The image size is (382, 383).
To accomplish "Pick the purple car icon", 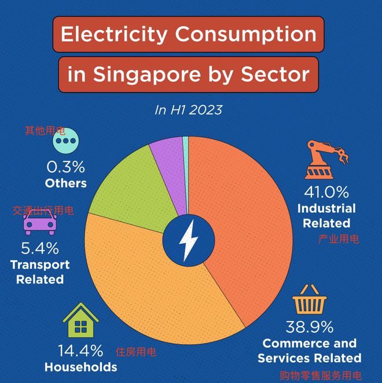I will pos(39,222).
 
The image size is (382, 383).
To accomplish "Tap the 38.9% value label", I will pos(310,327).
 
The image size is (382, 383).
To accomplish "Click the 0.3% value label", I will pos(65,167).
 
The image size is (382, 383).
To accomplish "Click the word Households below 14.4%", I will pos(80,367).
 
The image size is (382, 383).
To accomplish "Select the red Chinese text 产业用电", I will pos(338,238).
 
